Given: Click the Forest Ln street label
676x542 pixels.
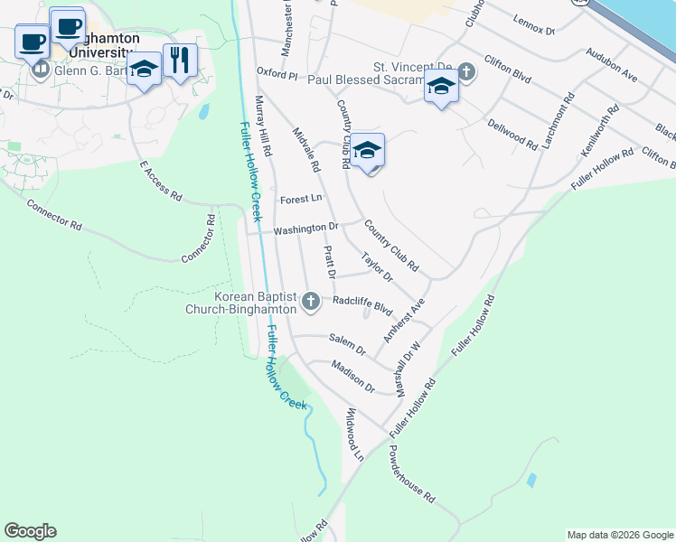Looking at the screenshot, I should coord(301,199).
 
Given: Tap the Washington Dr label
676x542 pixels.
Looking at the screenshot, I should coord(305,229).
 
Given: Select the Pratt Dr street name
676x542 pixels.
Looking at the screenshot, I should coord(329,261).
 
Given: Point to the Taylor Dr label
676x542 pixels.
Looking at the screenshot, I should coord(377,266).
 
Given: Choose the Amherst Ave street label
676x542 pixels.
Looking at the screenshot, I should coord(403,320).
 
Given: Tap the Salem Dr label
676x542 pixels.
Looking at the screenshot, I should coord(347,343).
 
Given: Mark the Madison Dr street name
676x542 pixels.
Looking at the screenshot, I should coord(352,376).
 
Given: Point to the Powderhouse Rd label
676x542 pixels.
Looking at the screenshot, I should coord(412,474).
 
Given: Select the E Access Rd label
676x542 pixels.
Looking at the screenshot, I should coord(161,182).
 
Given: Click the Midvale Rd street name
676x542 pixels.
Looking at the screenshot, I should coord(306,149).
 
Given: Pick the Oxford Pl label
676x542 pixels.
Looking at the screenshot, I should coord(277,72).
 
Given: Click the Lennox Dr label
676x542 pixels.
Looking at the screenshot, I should coord(533,24).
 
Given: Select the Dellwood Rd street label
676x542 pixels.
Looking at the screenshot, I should coord(512,132).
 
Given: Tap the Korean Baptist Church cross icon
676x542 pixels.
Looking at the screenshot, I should coord(311,301).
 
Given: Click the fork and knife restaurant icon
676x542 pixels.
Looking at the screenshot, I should coord(180,60).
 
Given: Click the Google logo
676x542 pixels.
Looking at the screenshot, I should coord(30,531).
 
